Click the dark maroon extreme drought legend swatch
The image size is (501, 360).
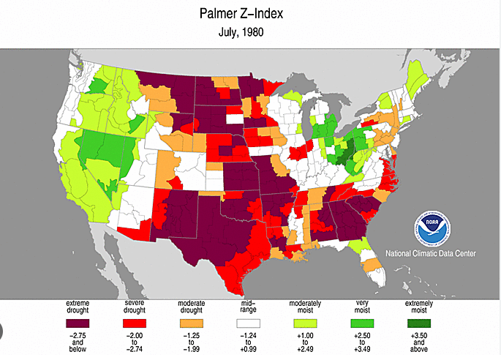(x=78, y=323)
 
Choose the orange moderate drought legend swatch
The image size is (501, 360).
(x=190, y=323)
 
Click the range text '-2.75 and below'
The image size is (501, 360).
(x=78, y=341)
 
